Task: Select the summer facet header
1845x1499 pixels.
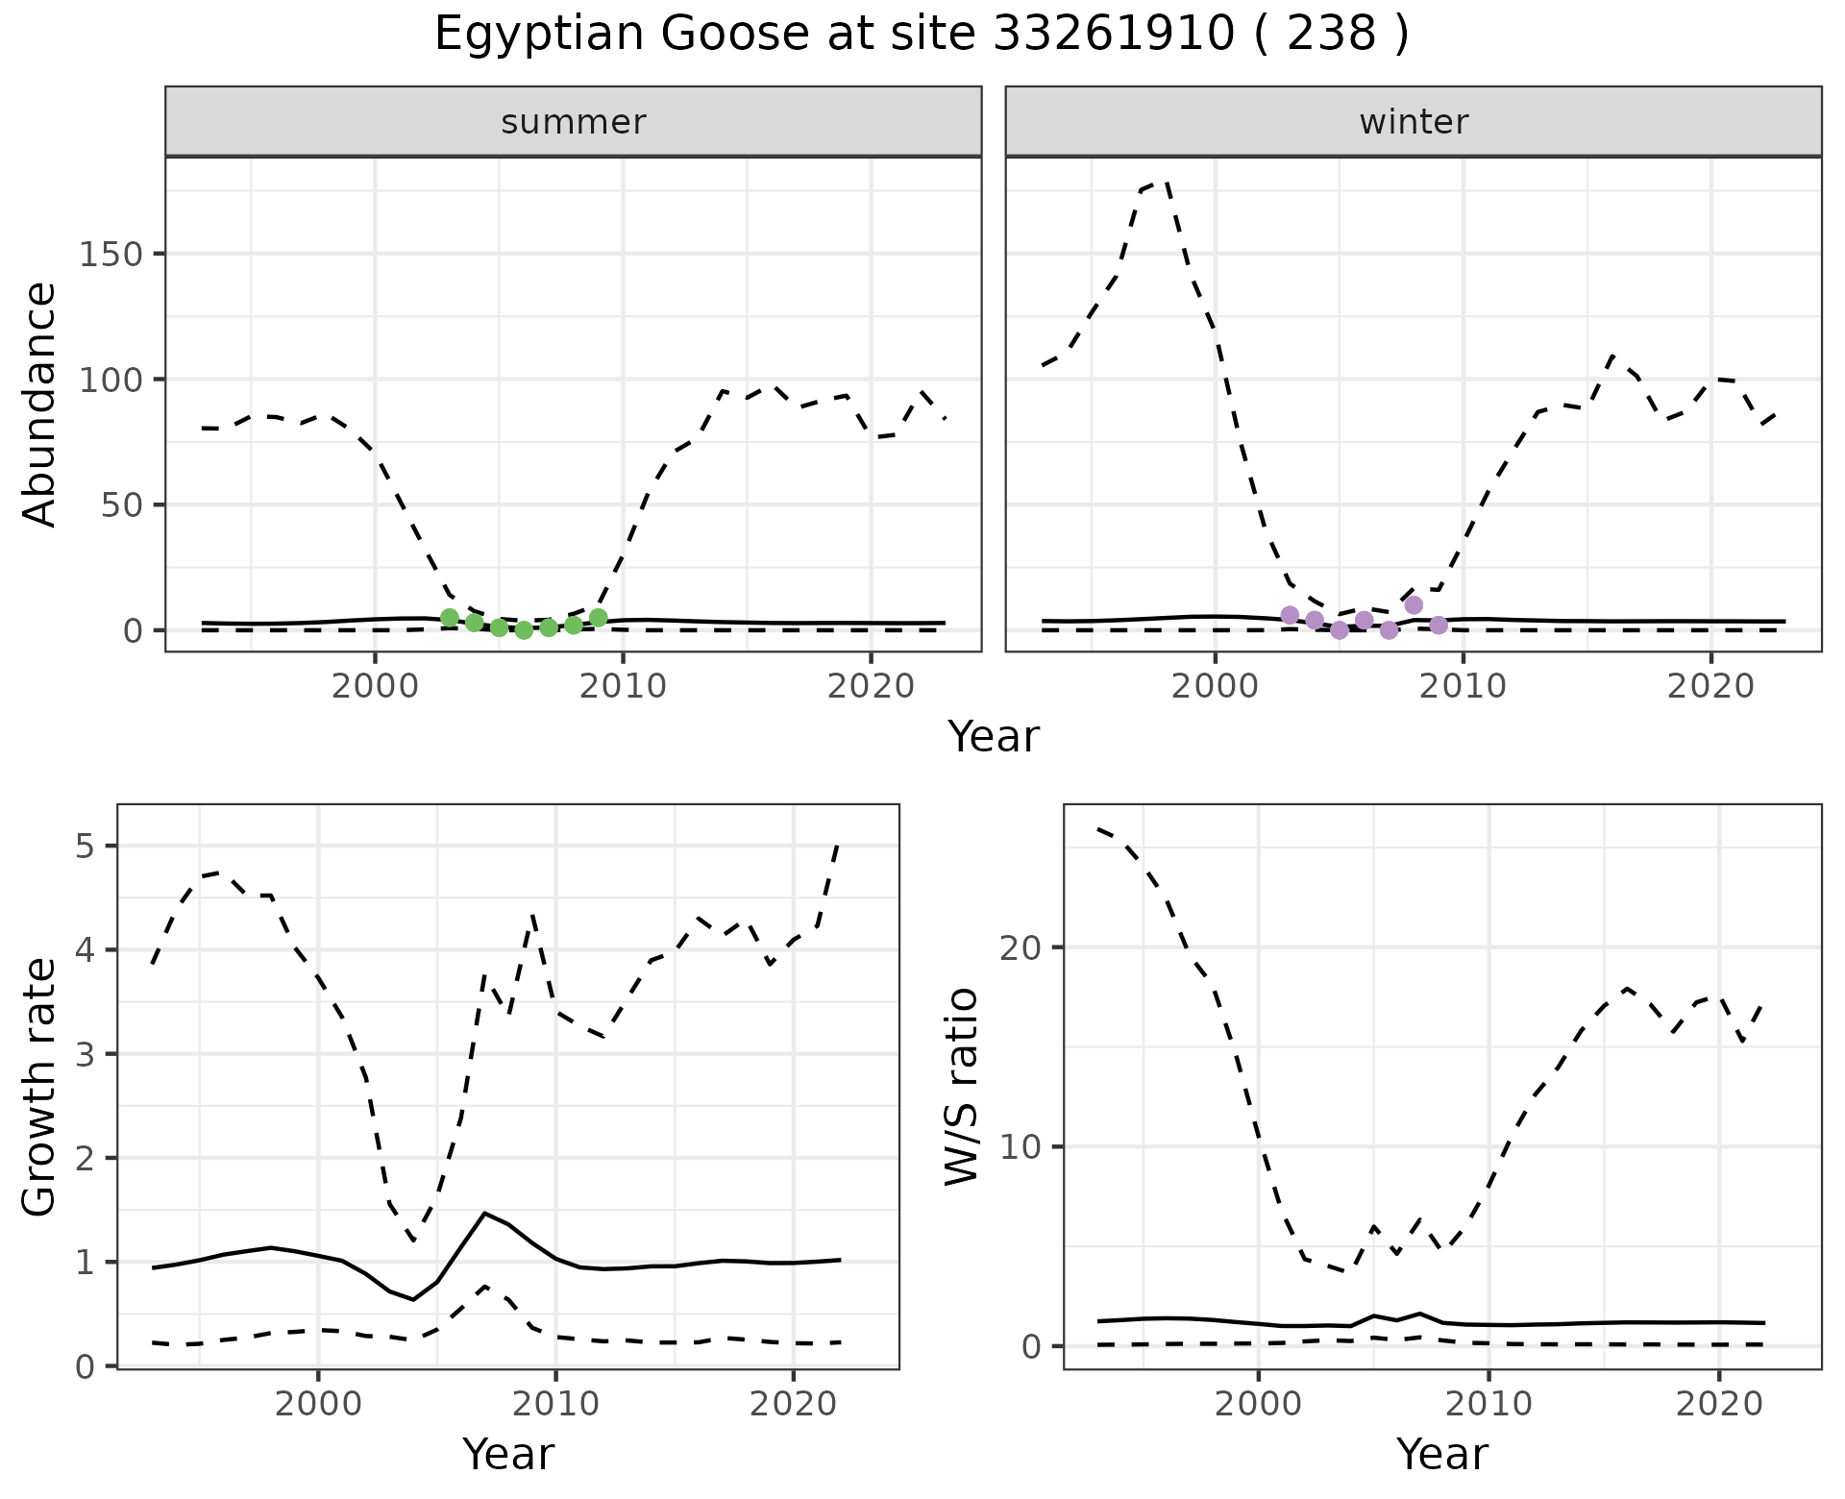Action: tap(574, 122)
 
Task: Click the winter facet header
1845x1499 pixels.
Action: tap(1414, 122)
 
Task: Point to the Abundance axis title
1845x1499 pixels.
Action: tap(40, 405)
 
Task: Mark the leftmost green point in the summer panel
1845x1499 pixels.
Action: tap(449, 618)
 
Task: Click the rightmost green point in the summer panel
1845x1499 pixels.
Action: tap(598, 618)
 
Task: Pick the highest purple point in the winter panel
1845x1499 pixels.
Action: tap(1413, 605)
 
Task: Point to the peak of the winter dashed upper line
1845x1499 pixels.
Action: tap(1165, 180)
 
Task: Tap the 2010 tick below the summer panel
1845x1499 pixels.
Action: tap(623, 687)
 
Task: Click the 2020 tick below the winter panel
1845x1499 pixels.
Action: tap(1710, 687)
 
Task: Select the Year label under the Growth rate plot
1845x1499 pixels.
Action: tap(508, 1454)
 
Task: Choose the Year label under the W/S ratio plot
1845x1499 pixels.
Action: tap(1442, 1454)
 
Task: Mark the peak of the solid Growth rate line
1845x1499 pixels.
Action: tap(484, 1214)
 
